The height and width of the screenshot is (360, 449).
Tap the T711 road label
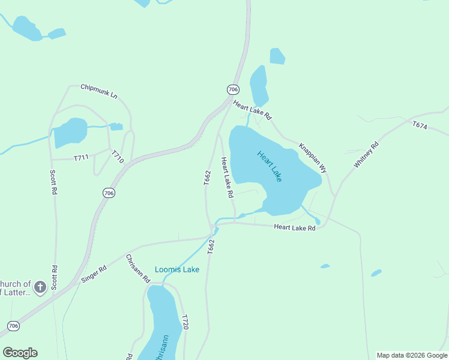click(81, 158)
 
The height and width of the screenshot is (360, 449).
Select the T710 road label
click(118, 157)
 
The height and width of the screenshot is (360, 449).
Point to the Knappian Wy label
click(313, 158)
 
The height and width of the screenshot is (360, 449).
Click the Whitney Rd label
click(366, 155)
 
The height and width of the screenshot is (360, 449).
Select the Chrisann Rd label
click(137, 268)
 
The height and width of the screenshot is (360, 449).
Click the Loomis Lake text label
click(177, 269)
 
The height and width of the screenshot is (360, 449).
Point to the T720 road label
click(185, 322)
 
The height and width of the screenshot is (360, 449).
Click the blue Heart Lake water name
click(270, 166)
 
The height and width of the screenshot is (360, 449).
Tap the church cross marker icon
click(40, 287)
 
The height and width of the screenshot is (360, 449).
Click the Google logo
click(20, 353)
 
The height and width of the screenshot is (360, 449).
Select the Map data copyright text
click(412, 355)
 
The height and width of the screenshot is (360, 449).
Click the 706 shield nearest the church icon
click(13, 326)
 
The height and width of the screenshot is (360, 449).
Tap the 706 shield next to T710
click(109, 193)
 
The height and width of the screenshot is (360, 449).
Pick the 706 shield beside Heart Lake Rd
click(233, 89)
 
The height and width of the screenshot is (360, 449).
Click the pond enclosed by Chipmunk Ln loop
click(71, 132)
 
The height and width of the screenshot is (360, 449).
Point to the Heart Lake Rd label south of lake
click(294, 227)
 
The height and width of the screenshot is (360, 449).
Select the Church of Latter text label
click(16, 288)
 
